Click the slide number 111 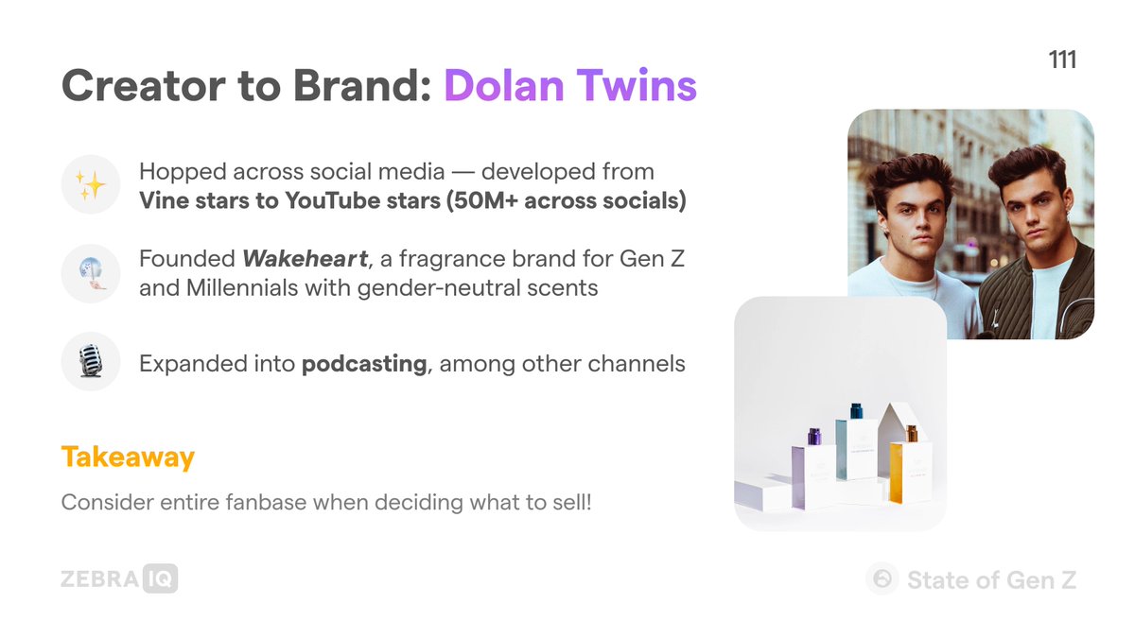[1062, 60]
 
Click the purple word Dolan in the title [503, 85]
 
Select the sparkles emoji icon [91, 184]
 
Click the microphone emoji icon [91, 361]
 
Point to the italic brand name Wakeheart [305, 259]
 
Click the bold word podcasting [364, 364]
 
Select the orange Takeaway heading [128, 457]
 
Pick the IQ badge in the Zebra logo [160, 578]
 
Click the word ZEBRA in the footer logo [100, 578]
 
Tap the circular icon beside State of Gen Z [882, 578]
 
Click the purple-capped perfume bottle [813, 468]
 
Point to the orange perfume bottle [911, 463]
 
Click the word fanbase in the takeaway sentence [266, 502]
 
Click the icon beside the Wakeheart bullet [91, 273]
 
